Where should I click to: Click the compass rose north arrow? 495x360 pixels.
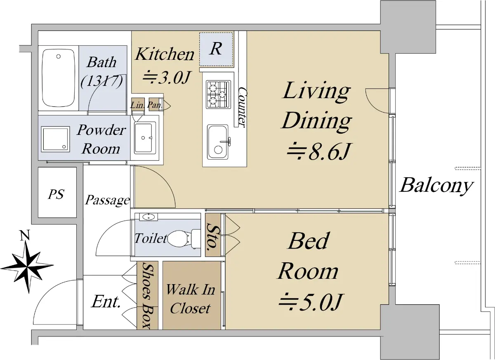27,267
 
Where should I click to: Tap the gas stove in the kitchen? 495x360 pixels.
218,94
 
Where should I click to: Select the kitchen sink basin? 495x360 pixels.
218,142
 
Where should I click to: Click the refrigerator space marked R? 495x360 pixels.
216,49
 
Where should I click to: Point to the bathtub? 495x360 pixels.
58,78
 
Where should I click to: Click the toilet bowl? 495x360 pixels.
184,239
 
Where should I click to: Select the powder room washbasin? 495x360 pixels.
144,138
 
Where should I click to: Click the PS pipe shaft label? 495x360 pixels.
56,194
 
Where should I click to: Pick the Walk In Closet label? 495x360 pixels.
190,299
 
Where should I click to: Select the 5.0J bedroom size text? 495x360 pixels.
311,302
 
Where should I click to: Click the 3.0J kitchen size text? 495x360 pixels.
166,78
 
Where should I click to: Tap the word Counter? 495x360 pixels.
243,107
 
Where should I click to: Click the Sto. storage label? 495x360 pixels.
212,237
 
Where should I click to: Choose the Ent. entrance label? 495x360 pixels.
106,301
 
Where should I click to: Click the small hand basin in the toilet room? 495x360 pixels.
148,217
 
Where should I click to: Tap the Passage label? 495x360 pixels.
108,200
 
